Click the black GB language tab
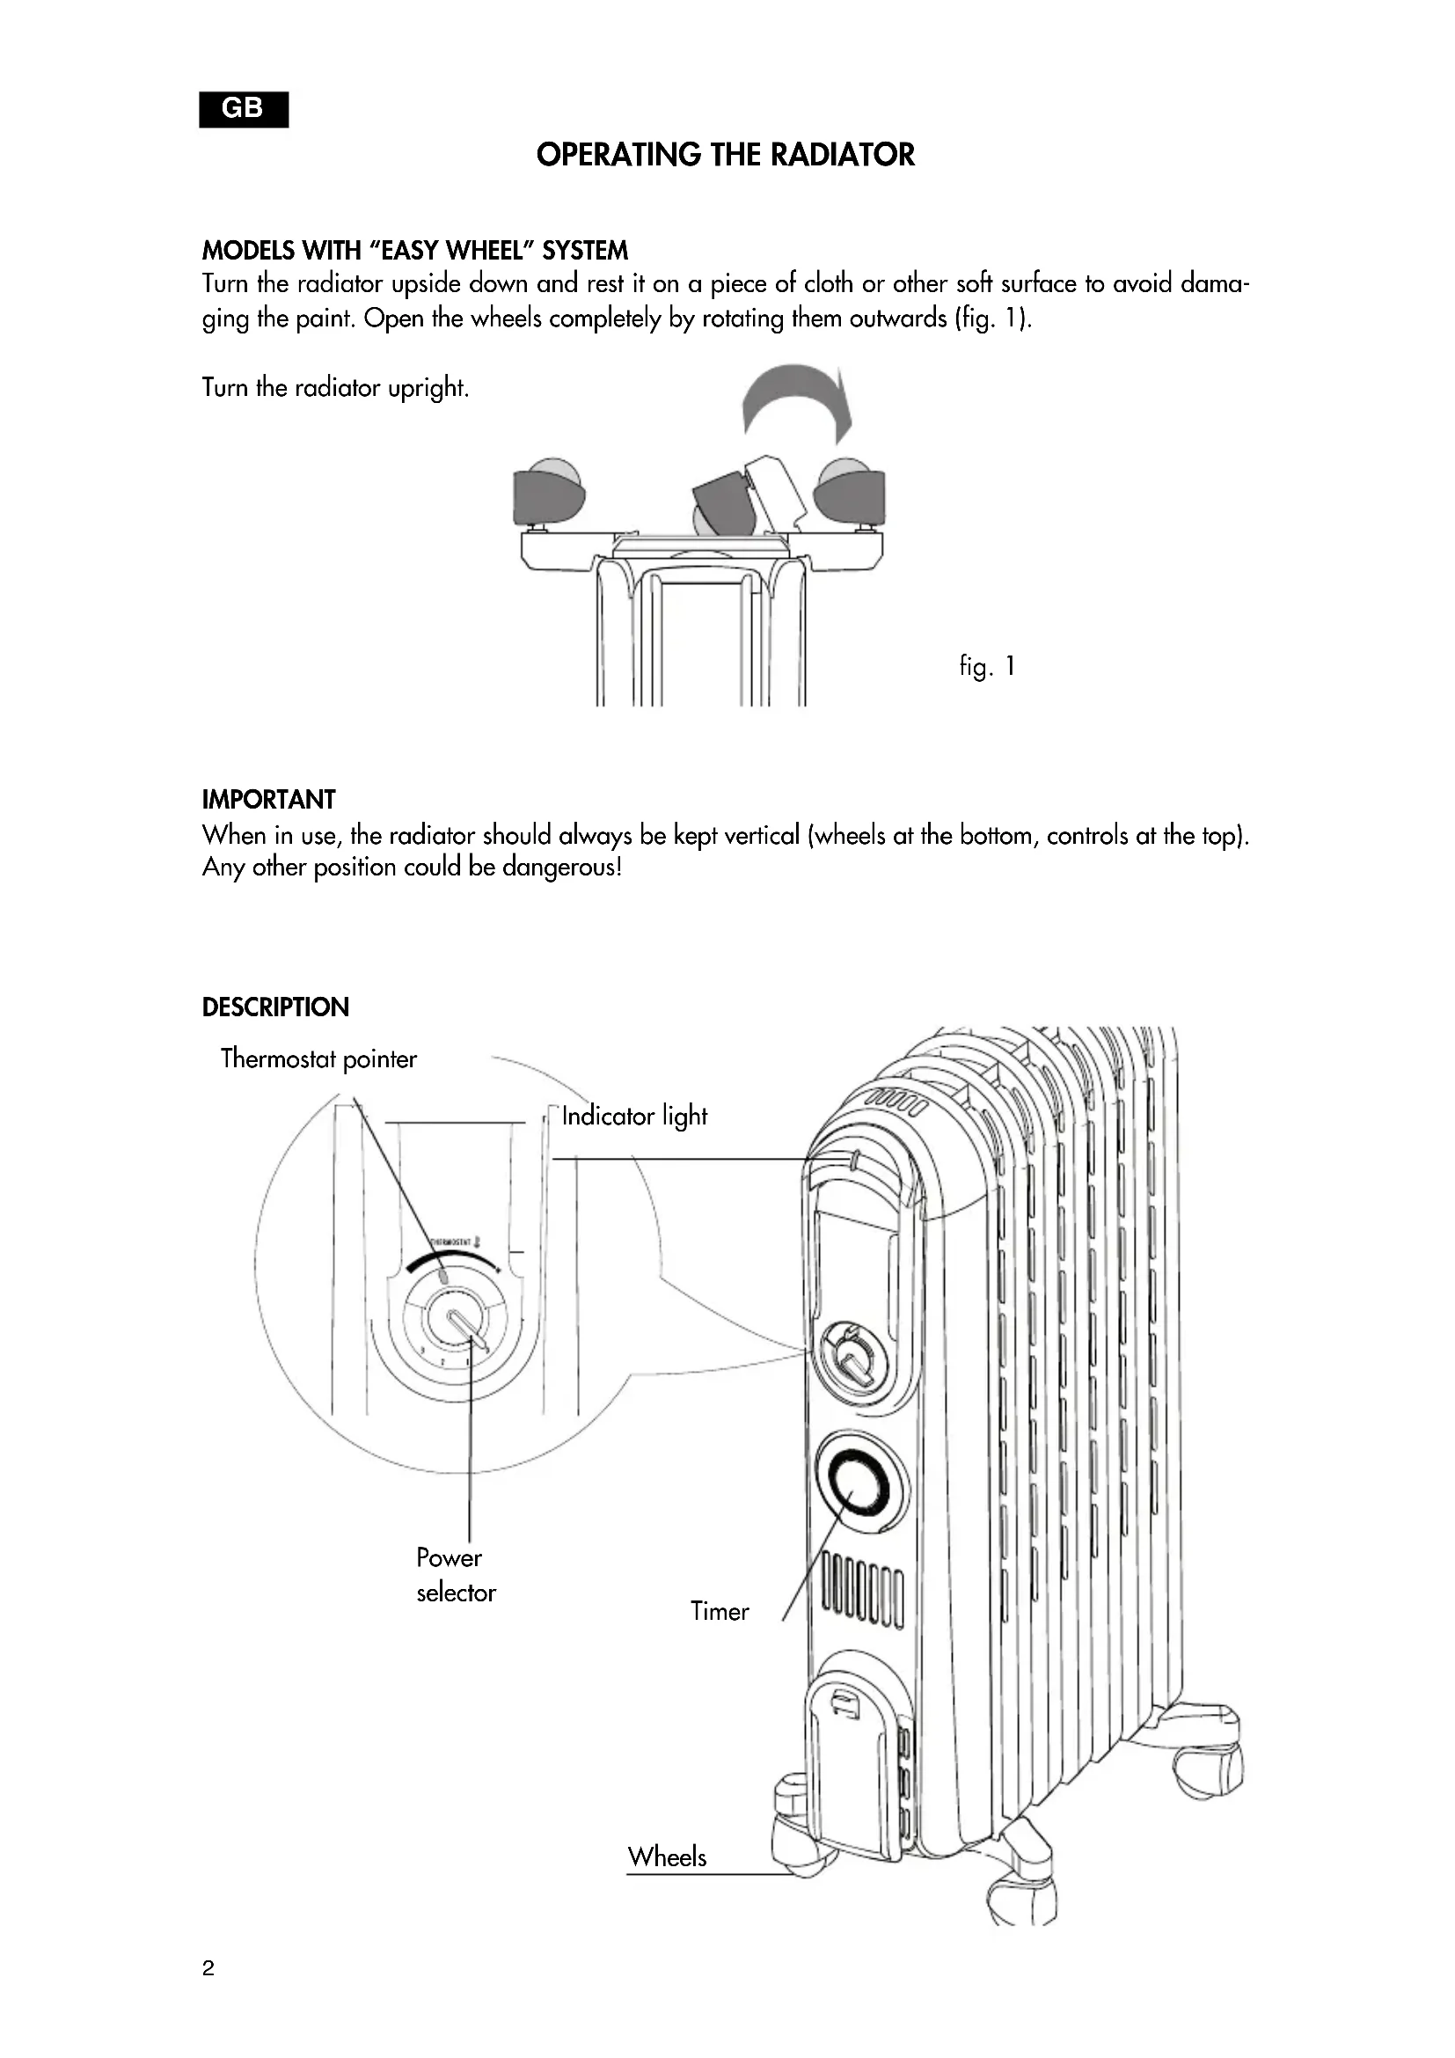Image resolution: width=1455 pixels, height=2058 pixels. [244, 109]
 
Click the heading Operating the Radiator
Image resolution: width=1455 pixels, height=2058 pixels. [726, 155]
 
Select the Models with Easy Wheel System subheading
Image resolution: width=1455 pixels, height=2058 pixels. [415, 250]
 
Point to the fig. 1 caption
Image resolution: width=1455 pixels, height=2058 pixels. [987, 666]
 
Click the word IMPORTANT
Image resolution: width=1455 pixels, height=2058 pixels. [269, 800]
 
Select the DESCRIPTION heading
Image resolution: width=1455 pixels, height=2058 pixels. [275, 1007]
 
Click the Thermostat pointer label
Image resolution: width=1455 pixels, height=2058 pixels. [318, 1059]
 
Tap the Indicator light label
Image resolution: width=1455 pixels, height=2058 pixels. [634, 1116]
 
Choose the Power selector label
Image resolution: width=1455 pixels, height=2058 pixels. [455, 1575]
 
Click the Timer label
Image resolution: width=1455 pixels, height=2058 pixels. [720, 1611]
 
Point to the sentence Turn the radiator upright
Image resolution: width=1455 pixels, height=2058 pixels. [336, 388]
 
